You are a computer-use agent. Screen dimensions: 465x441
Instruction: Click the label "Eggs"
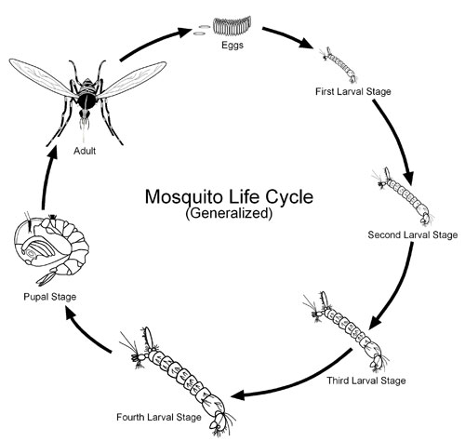pyautogui.click(x=232, y=46)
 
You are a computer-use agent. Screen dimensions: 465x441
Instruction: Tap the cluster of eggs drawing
pyautogui.click(x=232, y=26)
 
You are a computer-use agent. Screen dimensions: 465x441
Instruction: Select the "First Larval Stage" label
pyautogui.click(x=353, y=91)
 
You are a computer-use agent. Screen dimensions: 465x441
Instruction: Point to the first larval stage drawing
pyautogui.click(x=340, y=65)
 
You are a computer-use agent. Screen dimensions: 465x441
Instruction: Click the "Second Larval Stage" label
pyautogui.click(x=413, y=234)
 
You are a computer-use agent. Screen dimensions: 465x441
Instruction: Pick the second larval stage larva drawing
pyautogui.click(x=403, y=196)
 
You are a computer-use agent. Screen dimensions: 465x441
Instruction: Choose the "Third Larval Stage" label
pyautogui.click(x=366, y=381)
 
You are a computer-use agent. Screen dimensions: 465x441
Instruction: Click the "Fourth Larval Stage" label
pyautogui.click(x=159, y=417)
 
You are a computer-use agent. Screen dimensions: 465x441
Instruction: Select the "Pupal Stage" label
pyautogui.click(x=50, y=297)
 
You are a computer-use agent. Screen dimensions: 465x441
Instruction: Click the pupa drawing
pyautogui.click(x=51, y=248)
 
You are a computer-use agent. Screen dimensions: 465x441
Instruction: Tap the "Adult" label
pyautogui.click(x=85, y=151)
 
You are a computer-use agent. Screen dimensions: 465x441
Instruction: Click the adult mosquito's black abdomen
pyautogui.click(x=86, y=100)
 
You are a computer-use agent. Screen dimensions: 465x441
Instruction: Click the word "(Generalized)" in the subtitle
pyautogui.click(x=229, y=213)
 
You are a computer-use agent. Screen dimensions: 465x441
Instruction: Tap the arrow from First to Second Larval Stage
pyautogui.click(x=398, y=137)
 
